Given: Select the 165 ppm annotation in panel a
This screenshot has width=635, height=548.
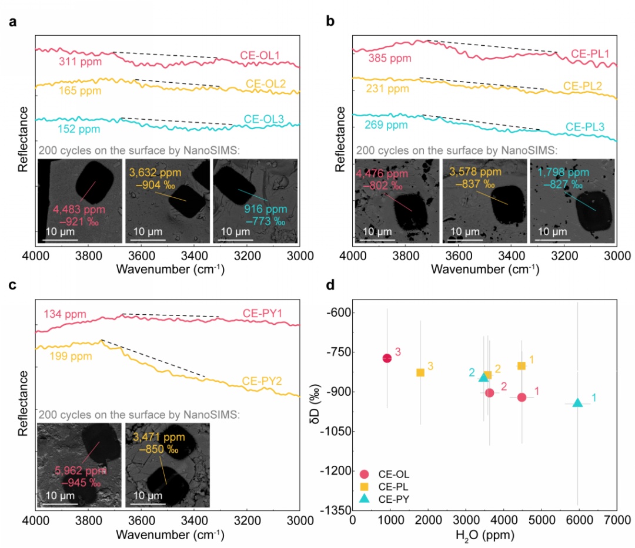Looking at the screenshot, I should click(80, 91).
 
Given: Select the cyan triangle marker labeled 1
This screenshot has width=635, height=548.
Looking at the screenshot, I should click(577, 403).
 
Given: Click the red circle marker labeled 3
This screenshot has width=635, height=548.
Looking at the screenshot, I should click(387, 358).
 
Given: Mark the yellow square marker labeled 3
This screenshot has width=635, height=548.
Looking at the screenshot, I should click(420, 372).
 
